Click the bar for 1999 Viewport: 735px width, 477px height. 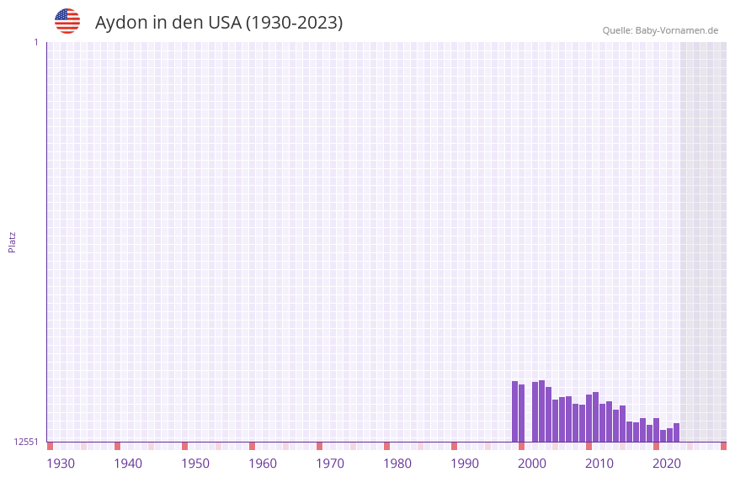click(x=515, y=411)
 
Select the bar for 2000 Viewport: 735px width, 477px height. click(x=522, y=413)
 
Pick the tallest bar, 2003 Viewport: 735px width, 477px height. click(x=542, y=411)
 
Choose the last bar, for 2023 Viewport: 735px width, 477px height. click(x=677, y=432)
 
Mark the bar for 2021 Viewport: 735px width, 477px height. click(x=663, y=436)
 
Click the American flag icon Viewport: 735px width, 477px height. click(x=67, y=21)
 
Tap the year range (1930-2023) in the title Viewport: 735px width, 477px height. click(x=294, y=23)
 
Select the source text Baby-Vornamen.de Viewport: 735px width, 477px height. click(x=677, y=30)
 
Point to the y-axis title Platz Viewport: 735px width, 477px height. click(x=12, y=241)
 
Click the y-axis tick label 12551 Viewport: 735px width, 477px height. click(x=25, y=442)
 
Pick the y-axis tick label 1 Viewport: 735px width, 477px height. click(x=35, y=42)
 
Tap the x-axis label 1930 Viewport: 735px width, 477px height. click(x=61, y=464)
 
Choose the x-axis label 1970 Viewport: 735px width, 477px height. click(x=330, y=464)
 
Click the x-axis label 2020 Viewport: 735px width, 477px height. click(x=667, y=464)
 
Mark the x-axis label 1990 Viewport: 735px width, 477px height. click(x=465, y=464)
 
